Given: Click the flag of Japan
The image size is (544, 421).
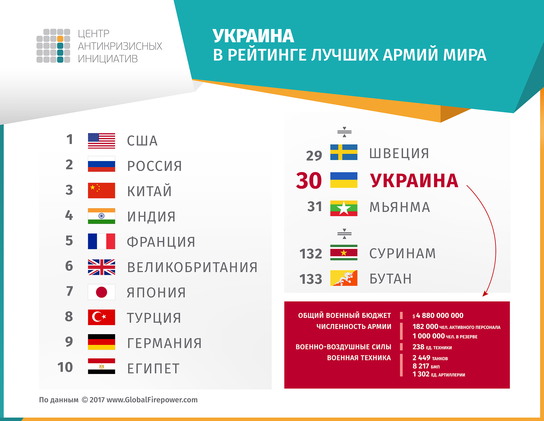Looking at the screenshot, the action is (x=101, y=292).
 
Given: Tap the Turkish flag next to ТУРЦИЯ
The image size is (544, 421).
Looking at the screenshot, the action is (x=101, y=317).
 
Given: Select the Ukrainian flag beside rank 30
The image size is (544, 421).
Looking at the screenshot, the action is (x=344, y=180).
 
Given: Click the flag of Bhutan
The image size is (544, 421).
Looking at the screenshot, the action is (x=344, y=278).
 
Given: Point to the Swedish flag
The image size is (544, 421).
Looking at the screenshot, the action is (x=344, y=152).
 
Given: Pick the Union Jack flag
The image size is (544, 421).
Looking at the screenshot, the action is (x=101, y=267).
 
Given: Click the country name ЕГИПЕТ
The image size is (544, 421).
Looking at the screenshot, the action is (x=153, y=368).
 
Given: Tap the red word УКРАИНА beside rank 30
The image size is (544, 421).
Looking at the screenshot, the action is (x=414, y=181).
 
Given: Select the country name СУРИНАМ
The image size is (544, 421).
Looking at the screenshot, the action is (x=402, y=253).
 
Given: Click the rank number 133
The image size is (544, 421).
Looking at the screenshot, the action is (x=311, y=279).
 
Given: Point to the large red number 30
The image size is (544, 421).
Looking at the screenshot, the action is (x=309, y=180).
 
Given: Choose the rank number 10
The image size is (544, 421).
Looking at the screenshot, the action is (x=65, y=367).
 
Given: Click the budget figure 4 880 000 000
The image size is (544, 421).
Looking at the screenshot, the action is (x=440, y=315).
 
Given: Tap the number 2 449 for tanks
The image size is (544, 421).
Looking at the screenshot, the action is (x=421, y=358).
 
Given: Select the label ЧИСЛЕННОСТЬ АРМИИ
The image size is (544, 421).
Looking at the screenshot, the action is (x=354, y=326).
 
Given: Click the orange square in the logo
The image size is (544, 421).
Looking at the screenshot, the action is (x=60, y=39).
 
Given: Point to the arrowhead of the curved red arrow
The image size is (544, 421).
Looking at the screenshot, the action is (x=485, y=294).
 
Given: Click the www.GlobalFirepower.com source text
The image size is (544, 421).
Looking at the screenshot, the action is (x=152, y=400).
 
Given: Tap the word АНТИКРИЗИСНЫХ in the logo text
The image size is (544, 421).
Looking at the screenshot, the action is (x=120, y=46).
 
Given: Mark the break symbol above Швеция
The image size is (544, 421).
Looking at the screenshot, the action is (x=344, y=132).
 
